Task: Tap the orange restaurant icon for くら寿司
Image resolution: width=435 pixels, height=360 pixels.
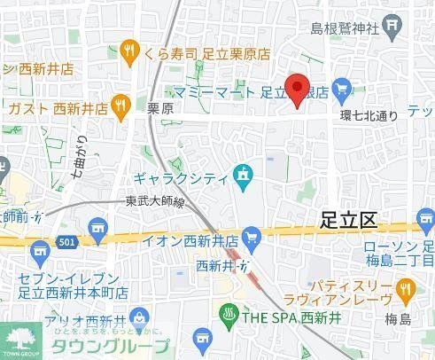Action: tap(130, 51)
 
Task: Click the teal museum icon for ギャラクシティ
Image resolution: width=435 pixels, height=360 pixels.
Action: tap(241, 176)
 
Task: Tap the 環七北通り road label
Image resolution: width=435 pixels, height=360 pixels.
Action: tap(369, 114)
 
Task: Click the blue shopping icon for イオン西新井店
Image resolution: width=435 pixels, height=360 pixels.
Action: tap(254, 236)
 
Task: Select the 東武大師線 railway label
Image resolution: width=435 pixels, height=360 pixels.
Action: tap(154, 201)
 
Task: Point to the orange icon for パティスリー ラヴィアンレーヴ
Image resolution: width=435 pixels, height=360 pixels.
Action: tap(406, 288)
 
